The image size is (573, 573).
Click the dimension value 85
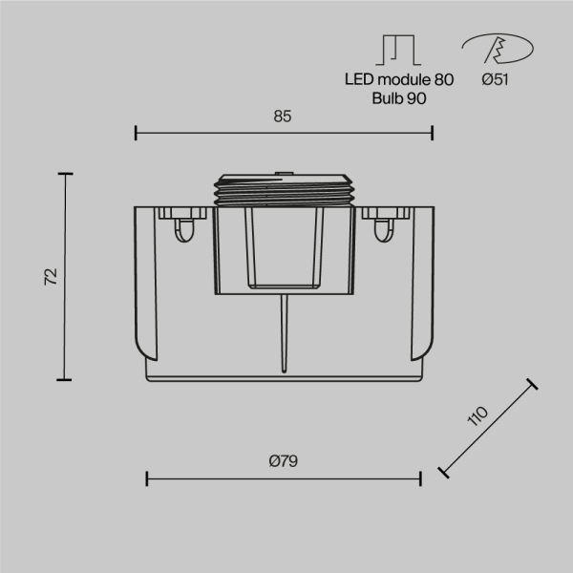(282, 117)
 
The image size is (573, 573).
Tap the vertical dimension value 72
(52, 276)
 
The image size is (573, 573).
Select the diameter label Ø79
(284, 460)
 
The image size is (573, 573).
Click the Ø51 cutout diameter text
(495, 80)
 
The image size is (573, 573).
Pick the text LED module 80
(399, 80)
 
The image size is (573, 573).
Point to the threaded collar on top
(285, 189)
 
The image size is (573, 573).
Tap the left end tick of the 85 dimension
(136, 132)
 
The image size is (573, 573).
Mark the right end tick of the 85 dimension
(433, 132)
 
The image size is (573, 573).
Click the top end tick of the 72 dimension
(65, 174)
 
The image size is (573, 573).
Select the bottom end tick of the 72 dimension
(65, 379)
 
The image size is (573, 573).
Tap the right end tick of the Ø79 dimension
(421, 477)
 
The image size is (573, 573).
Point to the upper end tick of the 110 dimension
(532, 385)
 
